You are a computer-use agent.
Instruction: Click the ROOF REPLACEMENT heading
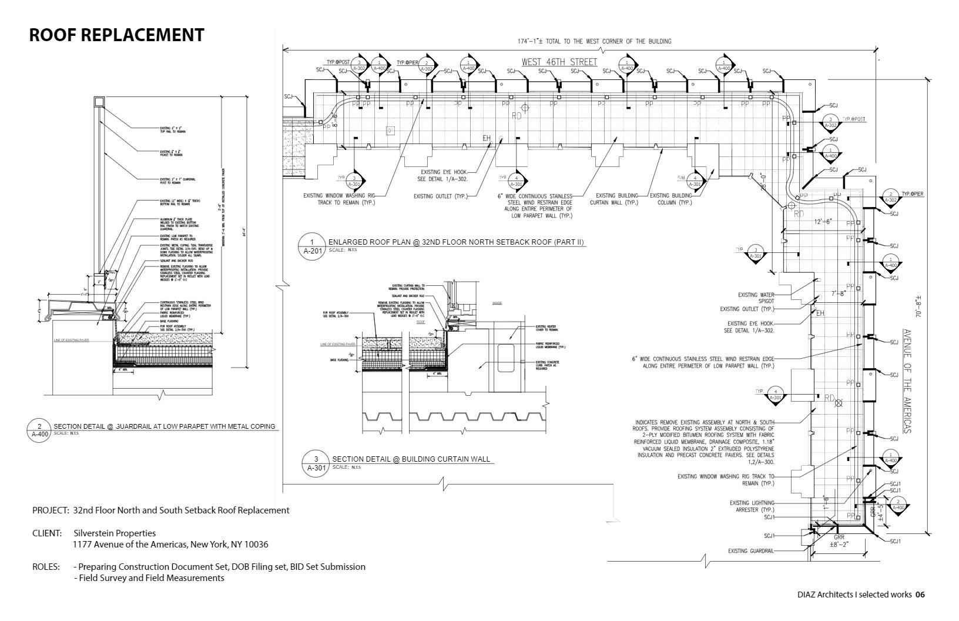(x=116, y=35)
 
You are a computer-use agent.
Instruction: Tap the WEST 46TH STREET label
(x=559, y=62)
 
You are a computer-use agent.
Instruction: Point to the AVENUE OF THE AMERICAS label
(x=907, y=381)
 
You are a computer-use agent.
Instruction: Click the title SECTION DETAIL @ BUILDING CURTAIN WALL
(x=411, y=459)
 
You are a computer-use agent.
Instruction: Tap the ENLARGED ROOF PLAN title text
(x=456, y=242)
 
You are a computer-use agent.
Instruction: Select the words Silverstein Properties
(x=115, y=533)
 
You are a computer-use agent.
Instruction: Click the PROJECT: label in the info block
(x=51, y=510)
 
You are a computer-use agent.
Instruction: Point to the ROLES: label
(x=46, y=567)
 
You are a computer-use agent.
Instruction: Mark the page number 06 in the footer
(x=920, y=595)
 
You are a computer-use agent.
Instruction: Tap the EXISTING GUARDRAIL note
(x=751, y=551)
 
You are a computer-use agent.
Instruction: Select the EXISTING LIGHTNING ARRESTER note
(x=752, y=506)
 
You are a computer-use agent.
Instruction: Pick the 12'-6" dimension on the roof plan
(x=823, y=222)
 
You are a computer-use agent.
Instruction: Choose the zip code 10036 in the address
(x=256, y=545)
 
